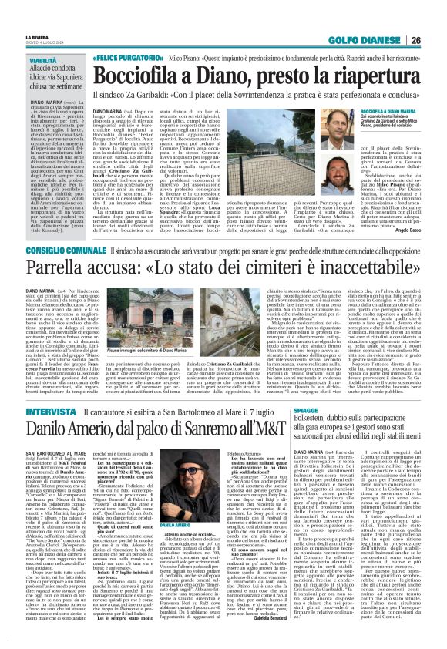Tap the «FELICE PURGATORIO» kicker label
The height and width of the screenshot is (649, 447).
[127, 58]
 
